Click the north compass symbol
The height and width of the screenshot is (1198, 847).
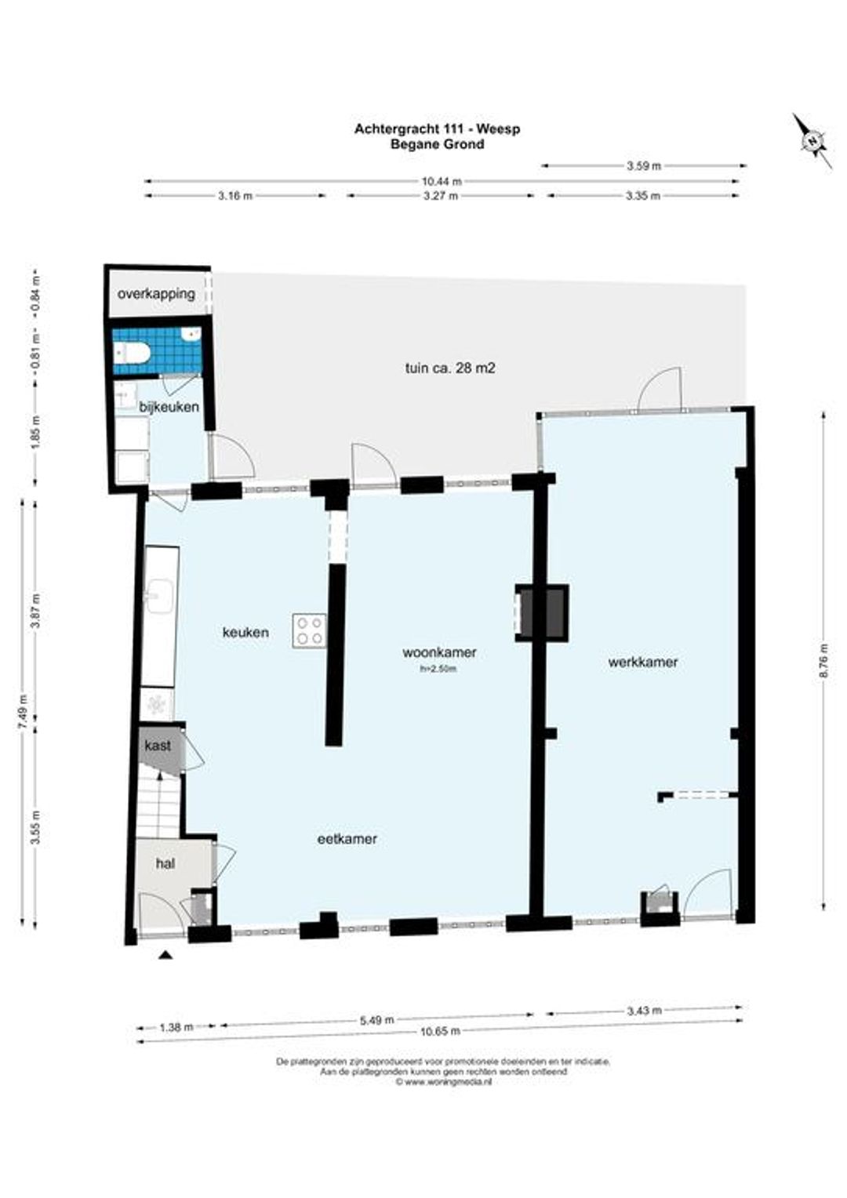pos(812,141)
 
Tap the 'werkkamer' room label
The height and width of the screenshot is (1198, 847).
pos(642,662)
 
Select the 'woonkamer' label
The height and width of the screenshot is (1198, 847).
pos(439,652)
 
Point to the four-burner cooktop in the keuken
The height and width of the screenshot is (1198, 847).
pos(309,631)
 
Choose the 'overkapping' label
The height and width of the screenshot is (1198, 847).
pos(156,293)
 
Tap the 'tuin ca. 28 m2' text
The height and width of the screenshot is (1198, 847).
pos(450,368)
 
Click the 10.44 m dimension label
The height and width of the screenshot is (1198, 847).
pos(441,181)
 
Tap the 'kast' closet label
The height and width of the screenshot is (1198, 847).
pos(158,746)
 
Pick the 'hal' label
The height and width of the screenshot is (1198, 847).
pos(165,864)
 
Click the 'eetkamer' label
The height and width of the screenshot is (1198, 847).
pos(347,839)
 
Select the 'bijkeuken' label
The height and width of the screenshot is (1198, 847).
pos(169,407)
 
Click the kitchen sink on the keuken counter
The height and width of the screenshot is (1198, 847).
pos(160,597)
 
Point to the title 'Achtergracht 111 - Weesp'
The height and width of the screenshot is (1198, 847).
pos(437,129)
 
